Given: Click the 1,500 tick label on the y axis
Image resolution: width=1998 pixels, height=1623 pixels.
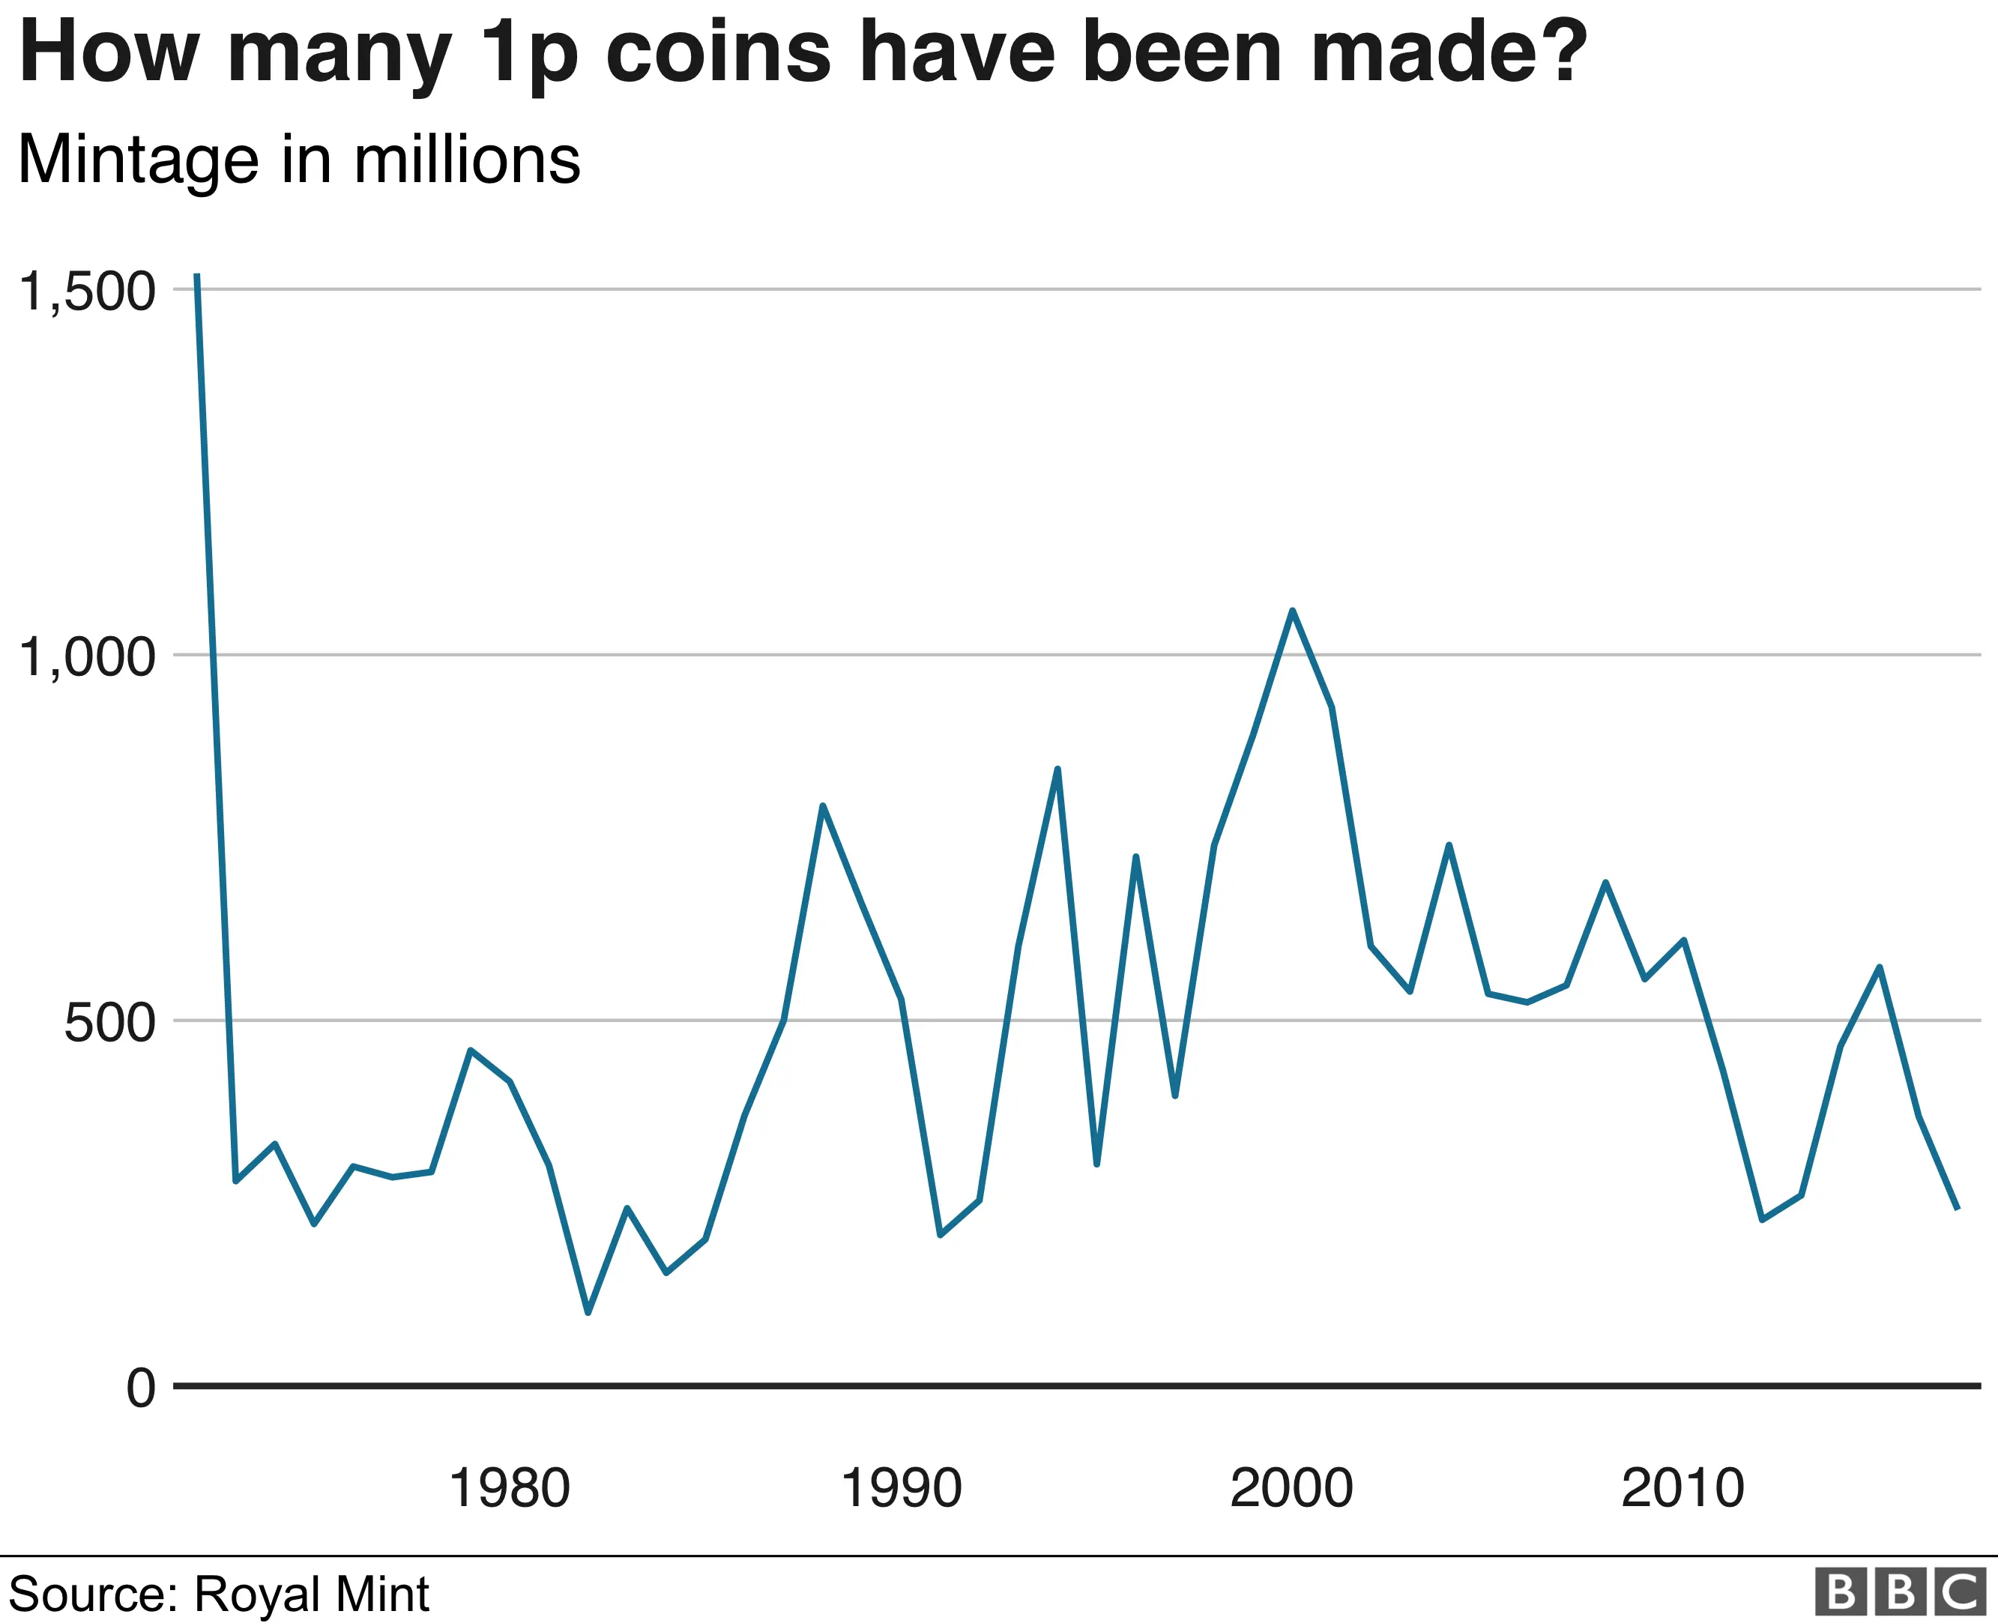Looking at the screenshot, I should tap(87, 291).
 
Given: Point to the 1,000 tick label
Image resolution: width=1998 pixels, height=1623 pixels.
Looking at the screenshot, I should tap(87, 657).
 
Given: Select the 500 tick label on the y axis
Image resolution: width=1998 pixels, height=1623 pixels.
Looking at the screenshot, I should tap(109, 1023).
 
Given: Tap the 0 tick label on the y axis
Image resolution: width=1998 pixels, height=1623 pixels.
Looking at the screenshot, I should tap(141, 1388).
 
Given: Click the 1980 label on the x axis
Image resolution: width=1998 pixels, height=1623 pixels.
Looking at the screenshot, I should tap(510, 1488).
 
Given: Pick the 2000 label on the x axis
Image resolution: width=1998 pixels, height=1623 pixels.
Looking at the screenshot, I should tap(1292, 1488).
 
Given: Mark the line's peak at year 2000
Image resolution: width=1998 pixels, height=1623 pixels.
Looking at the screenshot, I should tap(1292, 611).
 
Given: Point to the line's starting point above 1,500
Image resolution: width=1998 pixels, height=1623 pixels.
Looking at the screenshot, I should tap(196, 276).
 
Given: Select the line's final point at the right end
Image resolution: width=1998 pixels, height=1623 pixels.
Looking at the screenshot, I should tap(1957, 1209).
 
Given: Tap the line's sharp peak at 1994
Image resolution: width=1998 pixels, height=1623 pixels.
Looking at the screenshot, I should tap(1057, 770).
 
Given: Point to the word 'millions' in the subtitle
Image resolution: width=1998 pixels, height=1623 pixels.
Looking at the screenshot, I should tap(468, 161).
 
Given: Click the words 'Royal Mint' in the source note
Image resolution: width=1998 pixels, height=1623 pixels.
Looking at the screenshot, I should tap(311, 1593).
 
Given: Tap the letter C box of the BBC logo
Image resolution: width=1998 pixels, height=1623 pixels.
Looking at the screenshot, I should tap(1960, 1592).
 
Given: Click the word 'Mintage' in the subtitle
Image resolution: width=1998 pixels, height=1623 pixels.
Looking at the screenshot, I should tap(139, 161).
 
